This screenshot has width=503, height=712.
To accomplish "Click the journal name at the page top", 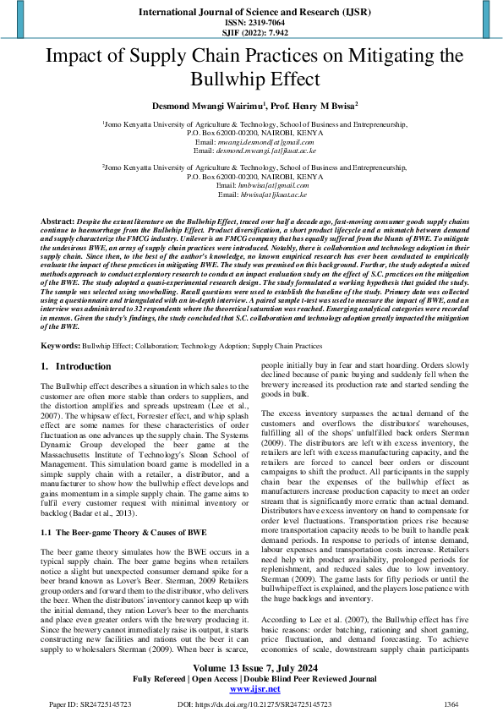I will pos(250,13).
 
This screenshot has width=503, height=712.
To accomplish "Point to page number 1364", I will pos(452,703).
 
